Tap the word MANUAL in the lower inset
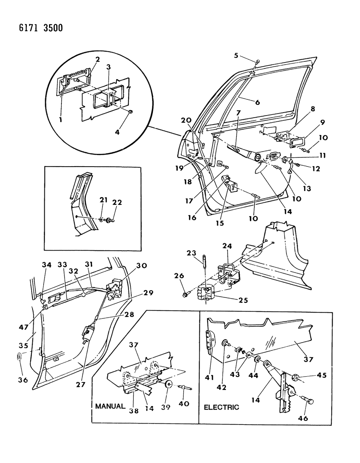(110, 406)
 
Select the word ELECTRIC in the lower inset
(221, 407)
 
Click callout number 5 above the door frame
(236, 56)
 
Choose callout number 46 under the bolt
(303, 418)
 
